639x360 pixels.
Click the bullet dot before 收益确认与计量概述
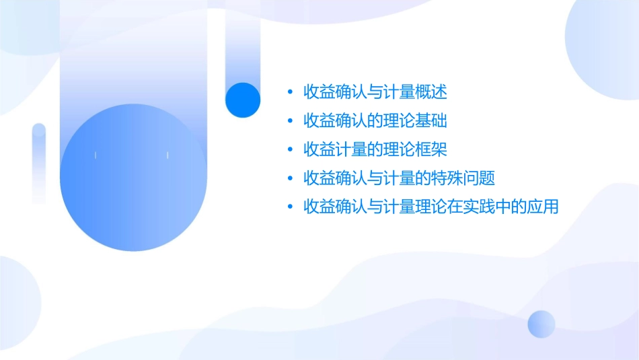(x=289, y=92)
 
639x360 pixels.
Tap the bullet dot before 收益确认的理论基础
(x=289, y=121)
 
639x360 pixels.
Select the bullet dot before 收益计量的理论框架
(x=289, y=149)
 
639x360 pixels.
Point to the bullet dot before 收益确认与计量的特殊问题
(x=289, y=178)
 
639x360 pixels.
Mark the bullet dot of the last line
(x=289, y=207)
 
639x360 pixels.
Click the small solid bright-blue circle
(x=243, y=100)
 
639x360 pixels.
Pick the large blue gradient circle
(x=133, y=178)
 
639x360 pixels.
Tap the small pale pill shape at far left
(x=39, y=163)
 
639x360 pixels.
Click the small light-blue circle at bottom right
(x=541, y=324)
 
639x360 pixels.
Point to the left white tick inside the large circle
(x=96, y=155)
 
